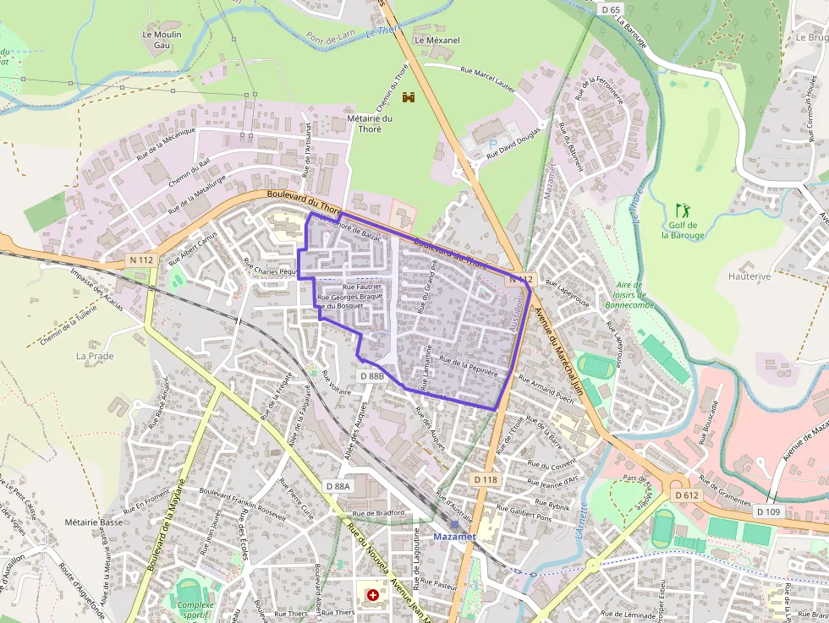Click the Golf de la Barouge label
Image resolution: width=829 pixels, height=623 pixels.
(683, 230)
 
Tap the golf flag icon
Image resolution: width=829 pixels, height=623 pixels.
(683, 208)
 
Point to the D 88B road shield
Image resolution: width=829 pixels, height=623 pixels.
(372, 375)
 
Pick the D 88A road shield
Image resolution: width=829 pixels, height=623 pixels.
(338, 486)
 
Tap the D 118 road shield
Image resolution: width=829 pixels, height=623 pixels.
(485, 479)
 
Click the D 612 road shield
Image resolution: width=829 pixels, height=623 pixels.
(688, 495)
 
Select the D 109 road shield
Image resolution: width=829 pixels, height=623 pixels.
(767, 511)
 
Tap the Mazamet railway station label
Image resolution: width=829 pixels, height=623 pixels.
(454, 536)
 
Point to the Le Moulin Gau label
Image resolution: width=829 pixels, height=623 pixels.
(162, 40)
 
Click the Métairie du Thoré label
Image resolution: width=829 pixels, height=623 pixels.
(370, 123)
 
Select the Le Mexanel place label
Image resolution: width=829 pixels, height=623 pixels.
(436, 40)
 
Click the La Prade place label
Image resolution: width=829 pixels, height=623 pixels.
(95, 356)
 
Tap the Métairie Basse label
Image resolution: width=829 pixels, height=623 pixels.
(93, 522)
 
